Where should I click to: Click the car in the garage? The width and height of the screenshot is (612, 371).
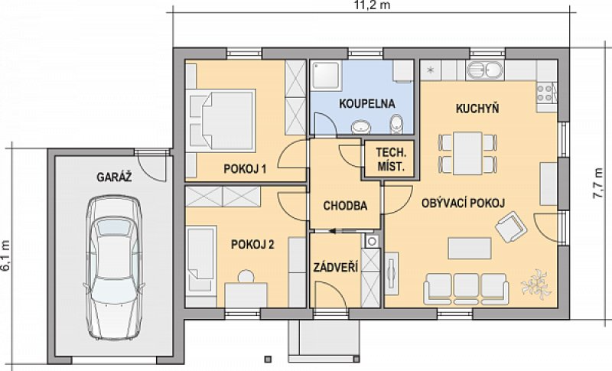pos(113,267)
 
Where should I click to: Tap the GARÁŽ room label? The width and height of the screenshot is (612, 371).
pos(114,177)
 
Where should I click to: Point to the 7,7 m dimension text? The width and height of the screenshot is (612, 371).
pos(597,184)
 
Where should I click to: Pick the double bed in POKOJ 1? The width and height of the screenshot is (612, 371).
pos(223,120)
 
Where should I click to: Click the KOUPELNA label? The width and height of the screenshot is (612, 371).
pos(367,104)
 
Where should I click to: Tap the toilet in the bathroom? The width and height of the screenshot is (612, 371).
pos(396,124)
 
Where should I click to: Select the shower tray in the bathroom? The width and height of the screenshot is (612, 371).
pos(327,75)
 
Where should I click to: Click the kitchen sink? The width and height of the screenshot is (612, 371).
pos(485,70)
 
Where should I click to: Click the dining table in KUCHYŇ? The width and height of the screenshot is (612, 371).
pos(467,153)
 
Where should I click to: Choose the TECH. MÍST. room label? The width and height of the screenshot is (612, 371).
pos(391,160)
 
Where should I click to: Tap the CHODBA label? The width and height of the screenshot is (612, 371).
pos(345,206)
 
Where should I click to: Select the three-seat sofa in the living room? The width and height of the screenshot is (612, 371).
pos(466,289)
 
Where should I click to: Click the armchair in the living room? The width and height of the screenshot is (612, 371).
pos(511,226)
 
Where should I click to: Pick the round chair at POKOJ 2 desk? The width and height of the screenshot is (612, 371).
pos(246,276)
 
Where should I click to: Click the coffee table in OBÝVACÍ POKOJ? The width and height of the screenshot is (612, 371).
pos(470,249)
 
